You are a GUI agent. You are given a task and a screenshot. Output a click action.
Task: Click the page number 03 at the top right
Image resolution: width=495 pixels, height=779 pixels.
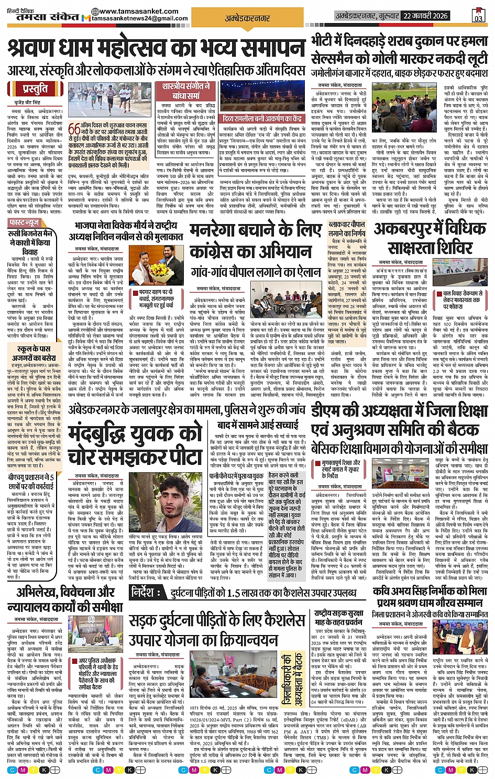pyautogui.click(x=478, y=16)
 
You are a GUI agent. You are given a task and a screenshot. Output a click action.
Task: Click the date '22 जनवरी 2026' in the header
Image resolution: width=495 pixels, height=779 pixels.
pyautogui.click(x=425, y=16)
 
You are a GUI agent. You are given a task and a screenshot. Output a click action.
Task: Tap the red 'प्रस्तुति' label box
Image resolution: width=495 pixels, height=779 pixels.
pyautogui.click(x=35, y=88)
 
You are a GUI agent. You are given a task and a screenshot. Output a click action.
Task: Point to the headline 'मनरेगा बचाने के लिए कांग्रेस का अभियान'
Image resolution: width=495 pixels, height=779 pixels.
pyautogui.click(x=255, y=242)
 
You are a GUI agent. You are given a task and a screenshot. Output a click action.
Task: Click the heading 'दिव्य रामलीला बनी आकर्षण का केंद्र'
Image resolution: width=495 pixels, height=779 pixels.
pyautogui.click(x=262, y=119)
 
